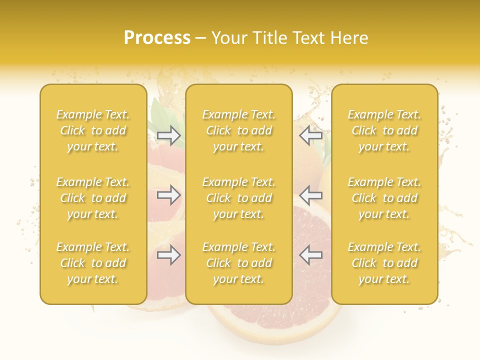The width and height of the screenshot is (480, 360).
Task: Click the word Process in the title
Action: [x=157, y=37]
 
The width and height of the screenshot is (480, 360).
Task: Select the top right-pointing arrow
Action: [x=168, y=135]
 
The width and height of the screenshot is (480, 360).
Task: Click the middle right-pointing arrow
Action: [x=168, y=195]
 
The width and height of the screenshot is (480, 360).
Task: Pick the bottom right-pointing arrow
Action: [x=168, y=255]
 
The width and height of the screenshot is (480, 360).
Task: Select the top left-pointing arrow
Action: [x=310, y=135]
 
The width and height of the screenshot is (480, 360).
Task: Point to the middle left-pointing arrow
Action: [x=310, y=195]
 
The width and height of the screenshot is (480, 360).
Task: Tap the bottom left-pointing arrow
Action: [x=310, y=255]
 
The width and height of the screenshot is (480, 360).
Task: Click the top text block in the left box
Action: [x=93, y=130]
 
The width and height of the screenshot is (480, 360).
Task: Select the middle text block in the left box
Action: [x=93, y=198]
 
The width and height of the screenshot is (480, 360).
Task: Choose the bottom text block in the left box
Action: [x=93, y=263]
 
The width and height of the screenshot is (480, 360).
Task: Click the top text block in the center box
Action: [x=238, y=130]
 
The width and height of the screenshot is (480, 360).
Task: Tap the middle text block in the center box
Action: [x=238, y=198]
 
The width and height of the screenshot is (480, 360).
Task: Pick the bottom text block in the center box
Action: [x=238, y=263]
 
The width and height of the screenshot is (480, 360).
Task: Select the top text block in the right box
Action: [x=384, y=130]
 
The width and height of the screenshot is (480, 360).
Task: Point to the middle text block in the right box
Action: [x=384, y=198]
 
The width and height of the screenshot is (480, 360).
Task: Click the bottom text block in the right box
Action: [x=384, y=263]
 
